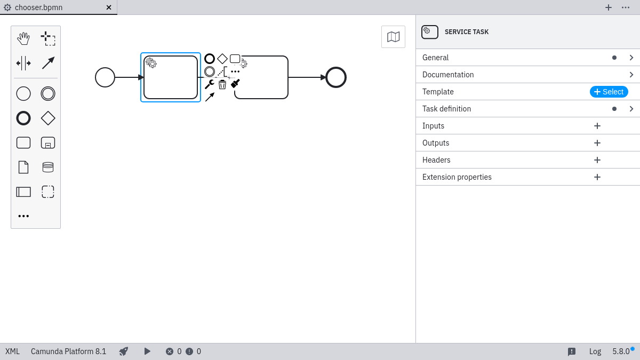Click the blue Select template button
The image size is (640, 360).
click(x=609, y=92)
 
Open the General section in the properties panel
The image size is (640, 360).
click(x=435, y=58)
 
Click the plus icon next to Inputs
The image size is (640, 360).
click(x=597, y=126)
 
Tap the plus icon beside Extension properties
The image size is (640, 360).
click(x=597, y=177)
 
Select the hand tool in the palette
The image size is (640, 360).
click(x=23, y=38)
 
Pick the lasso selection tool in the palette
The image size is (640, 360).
click(x=48, y=38)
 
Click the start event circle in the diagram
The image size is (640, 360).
click(x=105, y=77)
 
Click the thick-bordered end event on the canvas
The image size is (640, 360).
click(x=336, y=77)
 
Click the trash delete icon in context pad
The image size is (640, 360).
click(x=222, y=84)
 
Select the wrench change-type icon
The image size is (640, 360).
click(x=209, y=84)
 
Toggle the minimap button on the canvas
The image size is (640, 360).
click(x=393, y=37)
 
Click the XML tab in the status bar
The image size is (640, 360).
click(x=12, y=351)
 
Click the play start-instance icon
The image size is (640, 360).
click(x=147, y=351)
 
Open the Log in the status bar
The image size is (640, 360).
click(x=595, y=351)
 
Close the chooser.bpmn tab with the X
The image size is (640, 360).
click(x=109, y=7)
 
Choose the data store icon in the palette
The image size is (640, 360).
click(x=48, y=167)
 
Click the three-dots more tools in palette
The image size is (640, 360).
click(x=23, y=216)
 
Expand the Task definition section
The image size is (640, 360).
click(x=446, y=109)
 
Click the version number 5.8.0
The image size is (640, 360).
click(x=621, y=351)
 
